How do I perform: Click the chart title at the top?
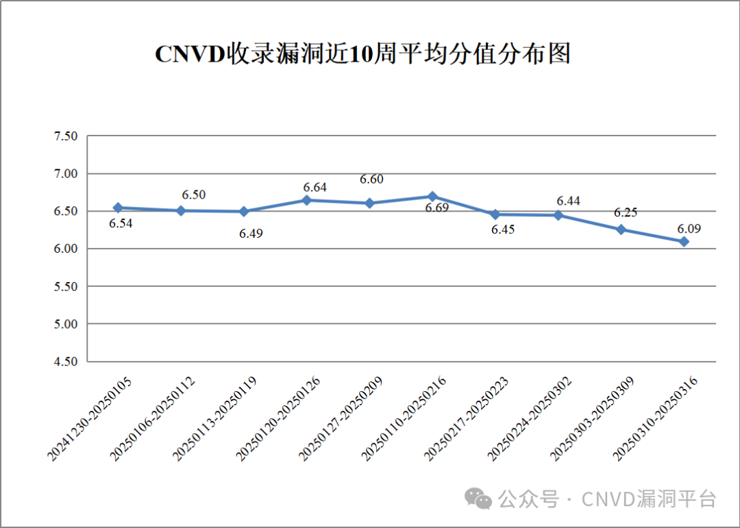point(362,54)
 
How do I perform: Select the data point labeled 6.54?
point(118,208)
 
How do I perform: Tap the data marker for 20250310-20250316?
point(684,242)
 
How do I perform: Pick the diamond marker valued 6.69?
point(432,197)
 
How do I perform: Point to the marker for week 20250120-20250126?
point(307,200)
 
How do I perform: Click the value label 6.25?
point(626,213)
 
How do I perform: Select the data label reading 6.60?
point(371,179)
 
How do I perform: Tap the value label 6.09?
point(689,229)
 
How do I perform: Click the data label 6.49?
point(251,234)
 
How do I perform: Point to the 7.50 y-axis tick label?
point(66,136)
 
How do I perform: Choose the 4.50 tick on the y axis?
point(66,362)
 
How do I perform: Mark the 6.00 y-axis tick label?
point(66,249)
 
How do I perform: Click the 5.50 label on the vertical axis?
point(66,286)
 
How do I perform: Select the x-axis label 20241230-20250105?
point(90,419)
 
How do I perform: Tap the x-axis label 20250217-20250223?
point(467,419)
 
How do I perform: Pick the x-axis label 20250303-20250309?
point(592,419)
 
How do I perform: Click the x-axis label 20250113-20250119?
point(215,419)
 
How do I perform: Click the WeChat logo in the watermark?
point(478,499)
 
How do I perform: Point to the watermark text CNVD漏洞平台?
point(649,499)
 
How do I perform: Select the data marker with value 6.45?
point(495,214)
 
